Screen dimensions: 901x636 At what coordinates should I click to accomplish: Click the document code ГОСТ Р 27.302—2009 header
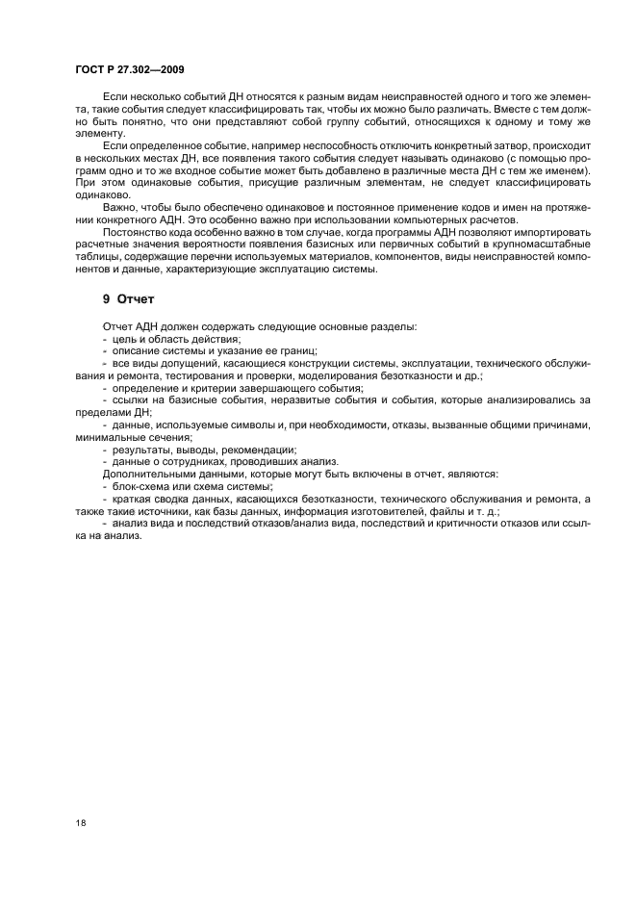coord(130,70)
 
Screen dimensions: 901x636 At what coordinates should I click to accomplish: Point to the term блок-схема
coord(141,487)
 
